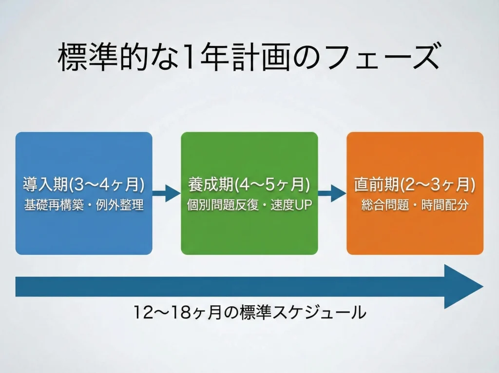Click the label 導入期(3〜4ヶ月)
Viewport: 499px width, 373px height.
click(84, 185)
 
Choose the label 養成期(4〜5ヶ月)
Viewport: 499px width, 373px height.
click(249, 185)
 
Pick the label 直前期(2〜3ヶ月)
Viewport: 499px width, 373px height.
click(415, 185)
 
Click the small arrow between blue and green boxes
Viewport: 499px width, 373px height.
click(166, 193)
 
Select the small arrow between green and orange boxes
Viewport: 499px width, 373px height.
click(332, 193)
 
